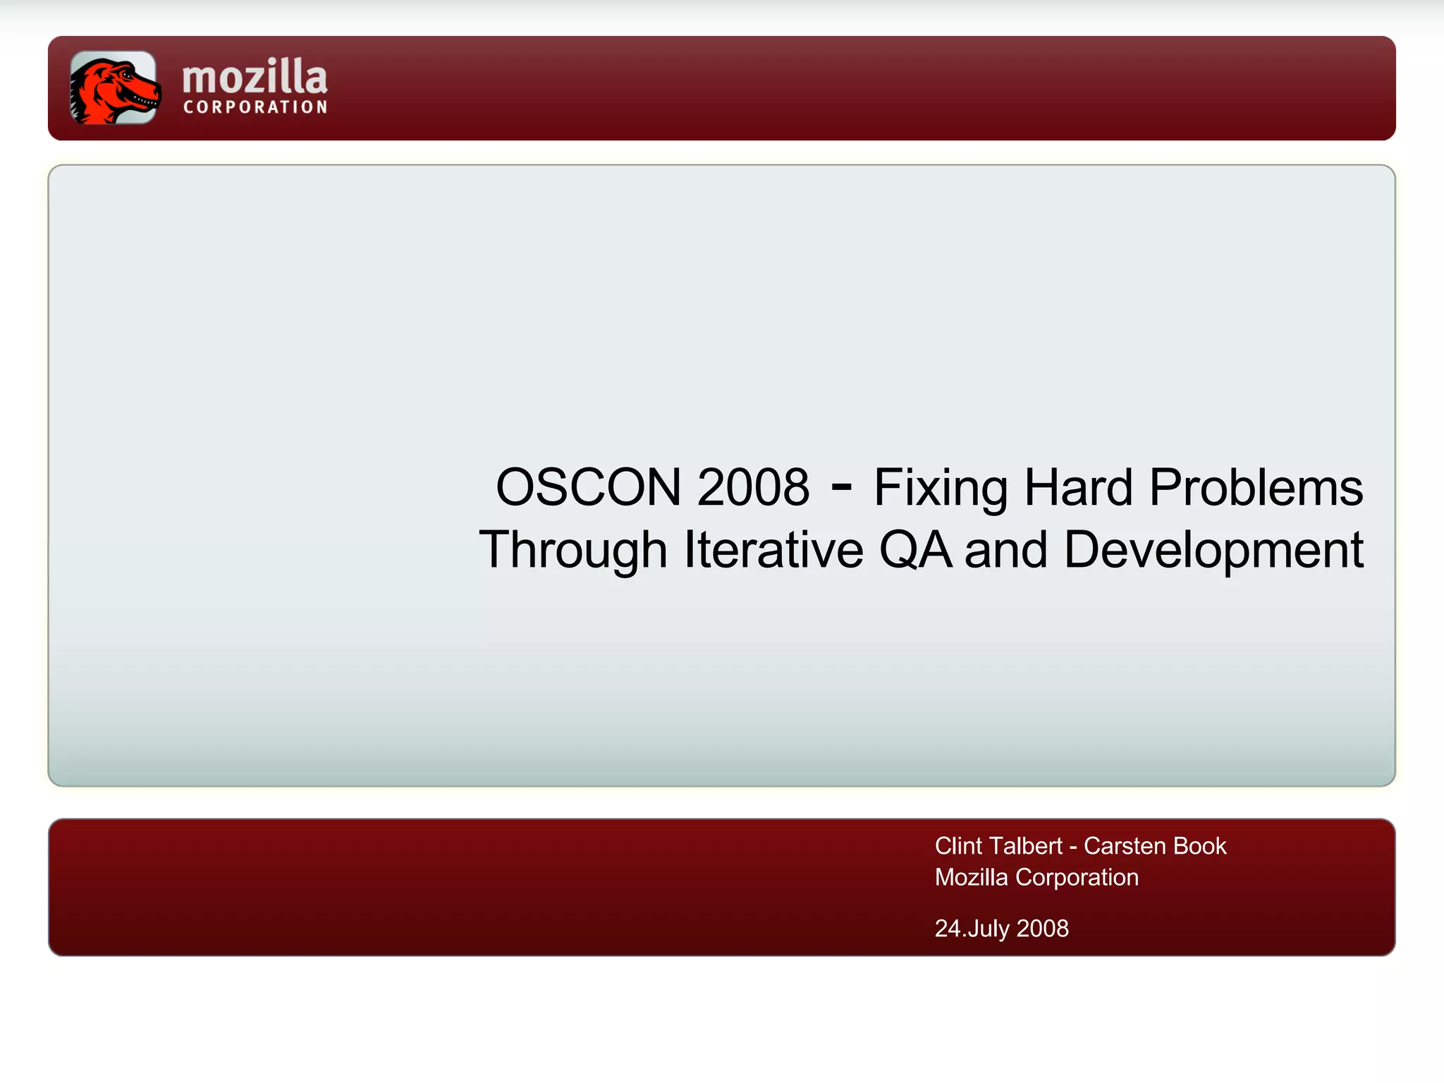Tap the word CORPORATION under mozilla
point(255,107)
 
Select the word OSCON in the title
point(588,487)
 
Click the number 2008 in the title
point(753,487)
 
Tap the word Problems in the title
point(1256,487)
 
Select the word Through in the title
point(573,550)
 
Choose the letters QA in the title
point(914,550)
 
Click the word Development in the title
point(1213,550)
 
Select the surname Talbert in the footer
point(1030,845)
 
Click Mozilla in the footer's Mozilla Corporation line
point(971,877)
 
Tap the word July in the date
point(989,929)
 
